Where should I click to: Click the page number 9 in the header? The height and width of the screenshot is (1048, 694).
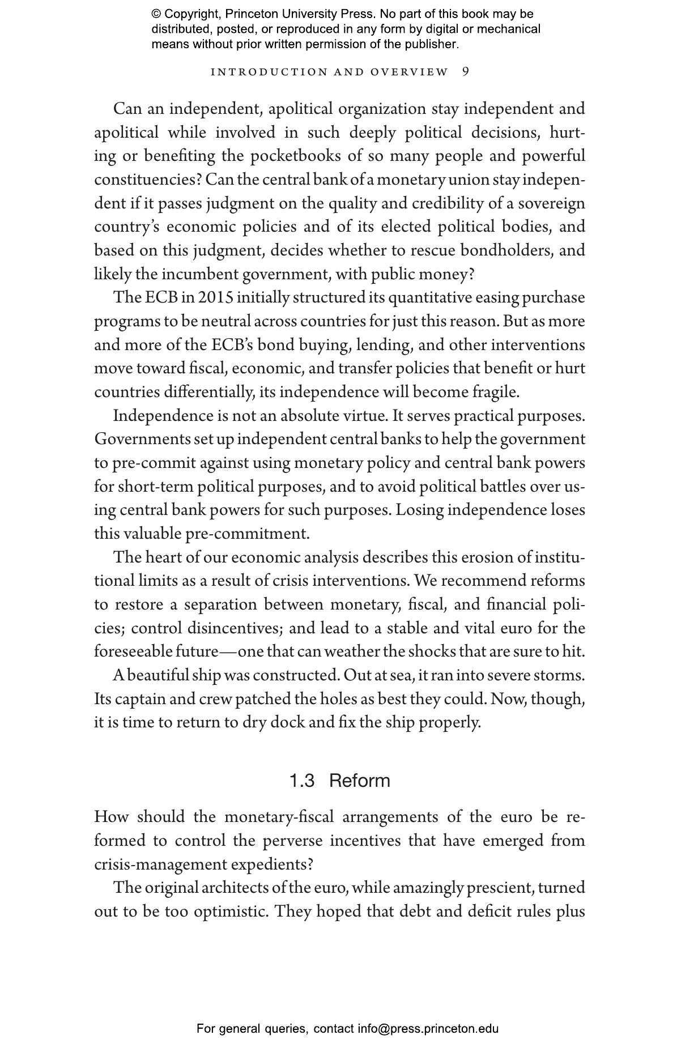point(466,72)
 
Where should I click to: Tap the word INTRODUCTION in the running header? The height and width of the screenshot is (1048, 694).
point(269,72)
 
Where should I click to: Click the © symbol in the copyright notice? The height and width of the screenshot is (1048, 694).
point(156,14)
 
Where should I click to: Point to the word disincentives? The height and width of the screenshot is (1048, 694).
point(235,628)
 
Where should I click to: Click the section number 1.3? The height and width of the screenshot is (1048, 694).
point(301,781)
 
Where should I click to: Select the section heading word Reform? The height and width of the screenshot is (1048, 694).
point(359,781)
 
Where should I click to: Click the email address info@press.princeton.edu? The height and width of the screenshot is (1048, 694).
point(428,1029)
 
